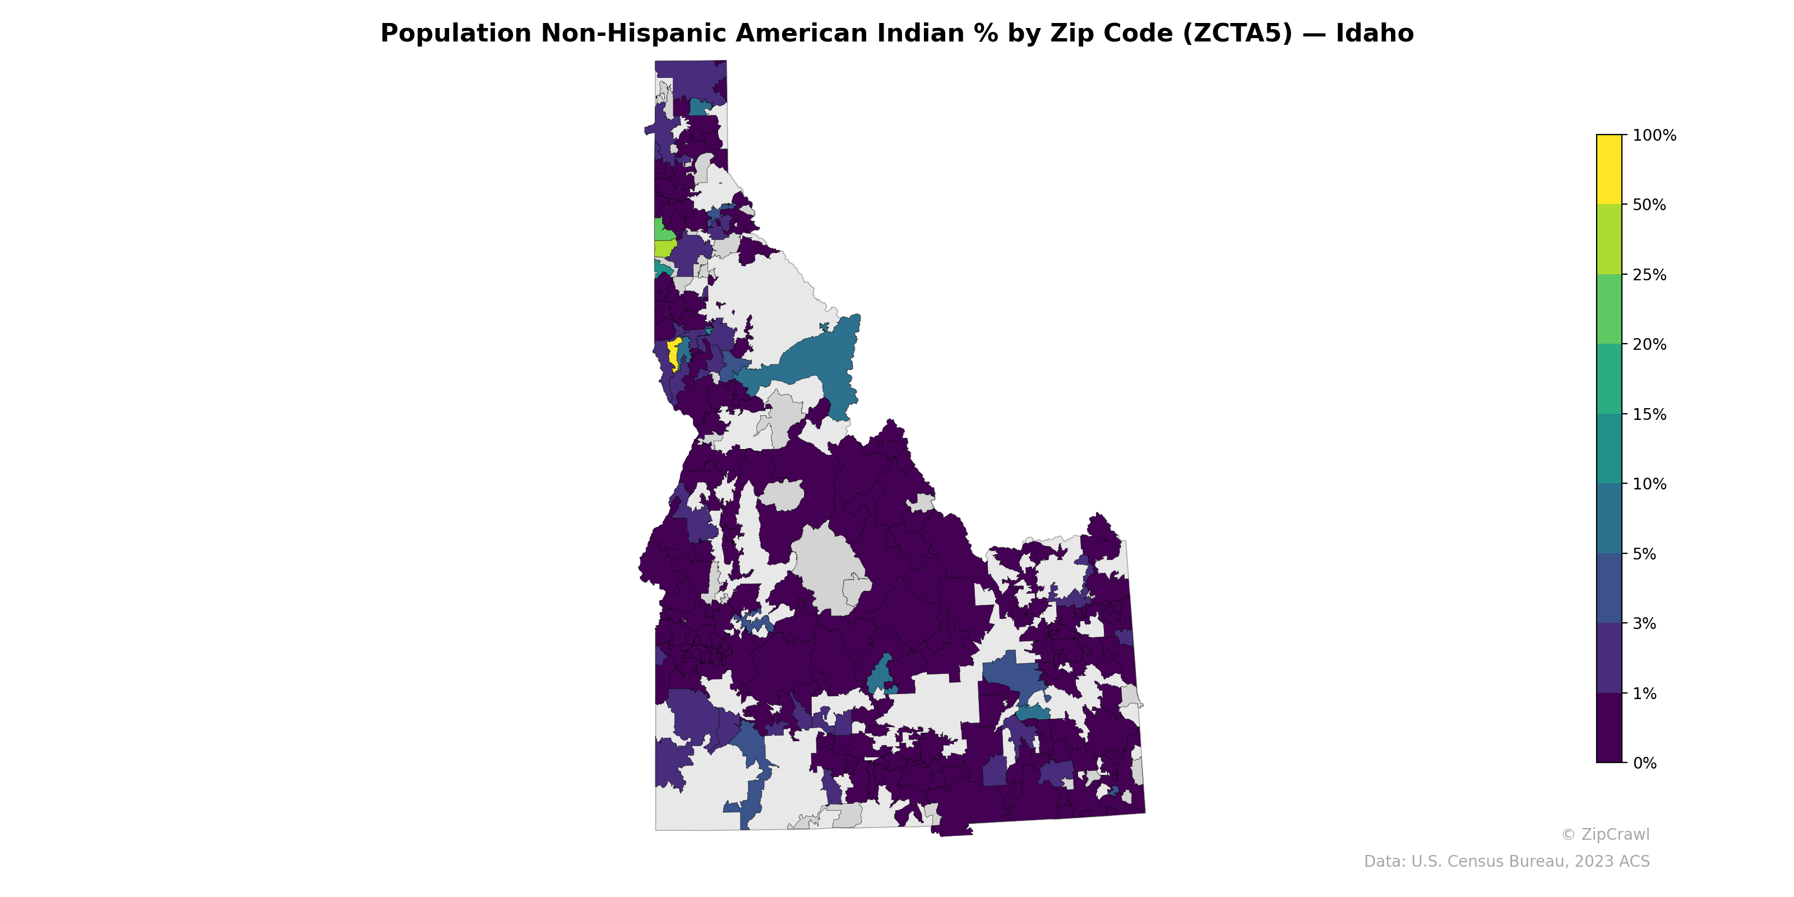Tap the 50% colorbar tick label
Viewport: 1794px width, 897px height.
(1649, 205)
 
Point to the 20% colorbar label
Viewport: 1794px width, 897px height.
(1649, 345)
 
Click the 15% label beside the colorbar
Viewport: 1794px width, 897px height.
(1649, 415)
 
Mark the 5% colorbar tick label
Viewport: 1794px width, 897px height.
(1645, 554)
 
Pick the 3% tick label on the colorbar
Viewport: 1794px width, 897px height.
(1645, 624)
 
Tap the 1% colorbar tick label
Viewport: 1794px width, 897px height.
(1645, 693)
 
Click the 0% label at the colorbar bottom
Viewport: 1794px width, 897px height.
(1645, 763)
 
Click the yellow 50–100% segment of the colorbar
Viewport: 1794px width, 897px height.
(1609, 169)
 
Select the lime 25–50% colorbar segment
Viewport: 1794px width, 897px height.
(1609, 239)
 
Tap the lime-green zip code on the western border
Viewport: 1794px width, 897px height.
(664, 248)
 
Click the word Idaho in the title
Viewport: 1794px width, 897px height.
(1374, 34)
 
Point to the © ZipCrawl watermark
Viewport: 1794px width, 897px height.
(1605, 834)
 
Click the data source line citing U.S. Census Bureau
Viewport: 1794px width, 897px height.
(1506, 862)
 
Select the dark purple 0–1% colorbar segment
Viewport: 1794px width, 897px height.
(1609, 728)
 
